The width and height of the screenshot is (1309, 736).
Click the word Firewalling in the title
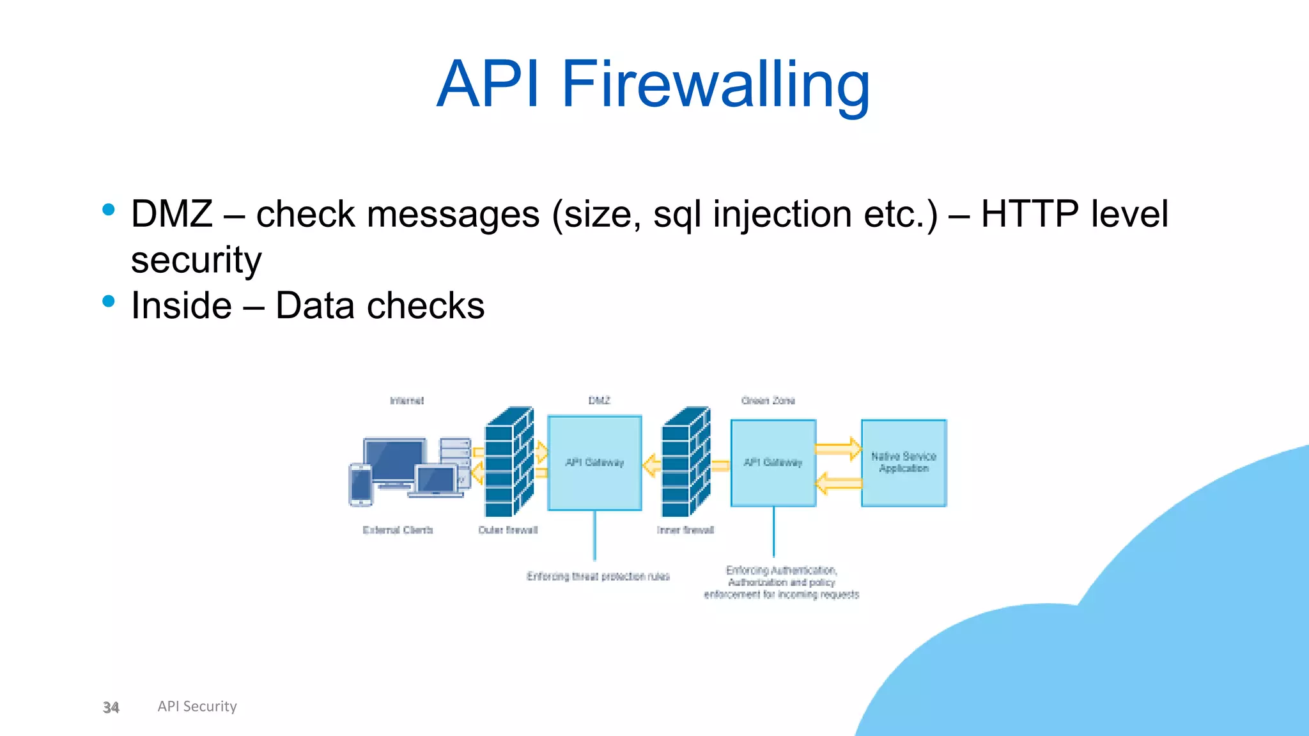point(716,84)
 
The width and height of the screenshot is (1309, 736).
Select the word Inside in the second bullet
point(182,305)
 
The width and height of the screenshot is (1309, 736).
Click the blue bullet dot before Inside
point(109,301)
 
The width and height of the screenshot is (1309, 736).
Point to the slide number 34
point(111,707)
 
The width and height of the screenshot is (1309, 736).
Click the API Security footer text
point(197,706)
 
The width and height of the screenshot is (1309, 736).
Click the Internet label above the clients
point(407,401)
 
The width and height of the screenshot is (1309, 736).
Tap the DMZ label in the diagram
point(599,401)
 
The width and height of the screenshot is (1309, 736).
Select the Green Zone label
point(768,401)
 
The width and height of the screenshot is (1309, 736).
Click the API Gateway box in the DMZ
point(594,463)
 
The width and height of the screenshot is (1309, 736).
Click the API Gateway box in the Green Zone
point(773,463)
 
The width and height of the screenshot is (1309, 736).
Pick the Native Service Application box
point(903,463)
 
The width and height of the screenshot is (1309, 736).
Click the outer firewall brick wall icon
point(508,463)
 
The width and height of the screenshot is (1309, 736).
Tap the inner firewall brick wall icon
point(685,463)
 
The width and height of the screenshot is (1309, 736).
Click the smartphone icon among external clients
point(360,485)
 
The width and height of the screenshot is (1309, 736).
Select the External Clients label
point(398,530)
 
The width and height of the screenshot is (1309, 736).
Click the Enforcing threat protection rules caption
point(598,576)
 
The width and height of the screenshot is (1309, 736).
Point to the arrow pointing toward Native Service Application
point(838,448)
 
